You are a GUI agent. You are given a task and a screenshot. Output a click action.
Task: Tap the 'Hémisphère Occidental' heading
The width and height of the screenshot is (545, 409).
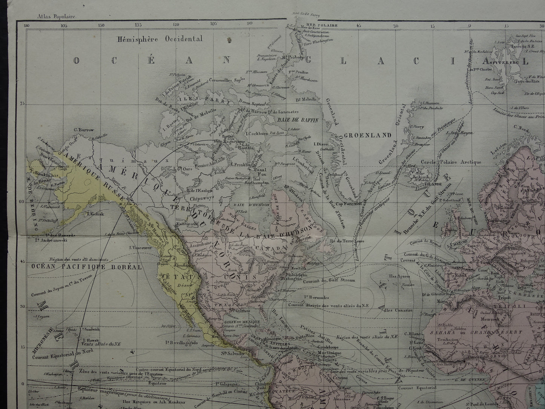click(160, 39)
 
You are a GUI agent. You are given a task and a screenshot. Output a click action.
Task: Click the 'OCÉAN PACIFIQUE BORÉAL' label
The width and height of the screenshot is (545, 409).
click(86, 266)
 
